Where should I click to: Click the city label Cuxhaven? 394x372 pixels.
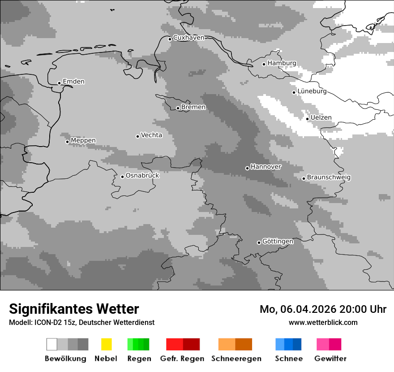coord(188,38)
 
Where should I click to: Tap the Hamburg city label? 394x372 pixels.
coord(282,63)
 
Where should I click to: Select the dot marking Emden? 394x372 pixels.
coord(59,83)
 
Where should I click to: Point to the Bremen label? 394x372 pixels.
coord(193,107)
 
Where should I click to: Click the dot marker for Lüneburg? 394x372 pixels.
coord(294,92)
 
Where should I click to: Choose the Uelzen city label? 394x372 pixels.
coord(321,117)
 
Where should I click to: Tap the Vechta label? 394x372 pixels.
coord(151,135)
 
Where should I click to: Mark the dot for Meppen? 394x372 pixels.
coord(67,142)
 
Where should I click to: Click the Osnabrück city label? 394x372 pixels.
coord(142,175)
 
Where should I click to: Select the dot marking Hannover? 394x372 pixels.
coord(247,168)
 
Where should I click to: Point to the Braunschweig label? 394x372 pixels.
coord(329,177)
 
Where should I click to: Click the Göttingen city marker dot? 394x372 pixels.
coord(259,242)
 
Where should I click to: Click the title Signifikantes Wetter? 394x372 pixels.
coord(74,309)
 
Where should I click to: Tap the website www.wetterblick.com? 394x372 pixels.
coord(323,322)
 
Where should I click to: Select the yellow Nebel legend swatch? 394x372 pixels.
coord(106,344)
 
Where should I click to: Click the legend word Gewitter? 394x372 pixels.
coord(330,359)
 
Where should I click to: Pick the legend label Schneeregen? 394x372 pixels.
coord(236,359)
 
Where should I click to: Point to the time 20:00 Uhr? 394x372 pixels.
coord(363,309)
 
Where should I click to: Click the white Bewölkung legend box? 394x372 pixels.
coord(52,344)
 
